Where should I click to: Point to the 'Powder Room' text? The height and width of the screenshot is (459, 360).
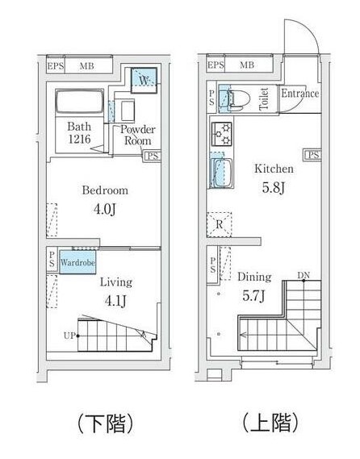(138, 135)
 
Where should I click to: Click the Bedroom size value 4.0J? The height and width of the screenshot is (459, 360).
(104, 211)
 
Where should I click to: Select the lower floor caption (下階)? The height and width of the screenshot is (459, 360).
(104, 422)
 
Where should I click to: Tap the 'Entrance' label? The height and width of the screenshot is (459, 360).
(299, 94)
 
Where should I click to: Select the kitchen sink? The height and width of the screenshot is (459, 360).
(221, 172)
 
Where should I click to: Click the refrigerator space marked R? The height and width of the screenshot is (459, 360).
(219, 223)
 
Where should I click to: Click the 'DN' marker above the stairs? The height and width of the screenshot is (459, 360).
(303, 277)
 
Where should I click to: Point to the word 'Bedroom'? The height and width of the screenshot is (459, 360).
(105, 191)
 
